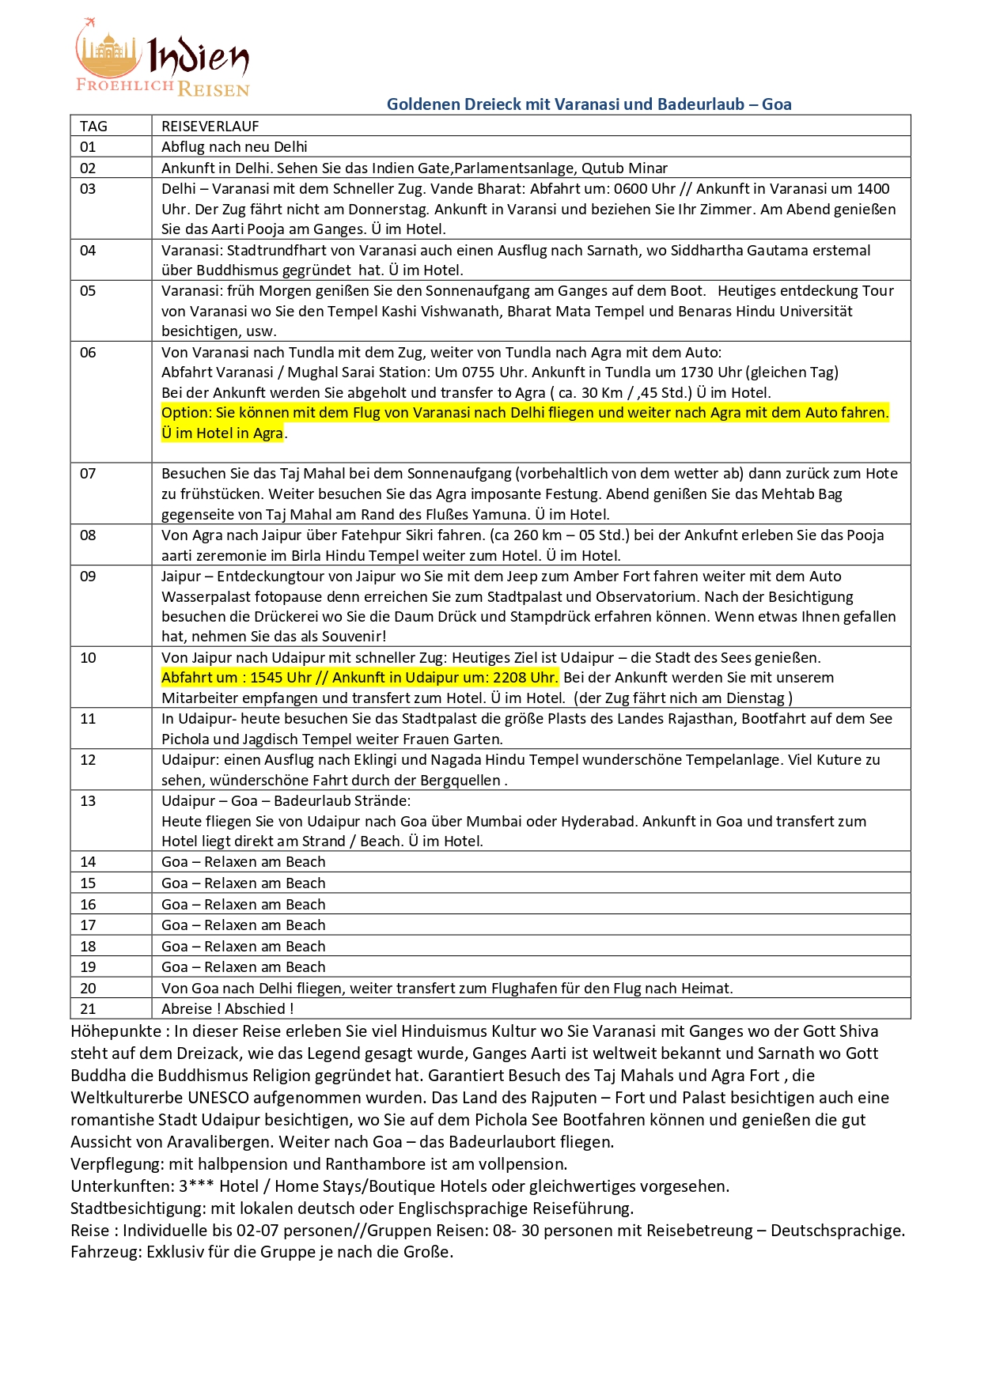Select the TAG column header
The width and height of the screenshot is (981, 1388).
93,126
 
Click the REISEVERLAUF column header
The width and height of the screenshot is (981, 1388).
210,126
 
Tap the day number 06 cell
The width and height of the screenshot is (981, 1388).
88,353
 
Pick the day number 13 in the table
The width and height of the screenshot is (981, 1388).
88,801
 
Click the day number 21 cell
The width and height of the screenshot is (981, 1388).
88,1009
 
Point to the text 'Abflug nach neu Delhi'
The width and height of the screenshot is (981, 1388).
234,147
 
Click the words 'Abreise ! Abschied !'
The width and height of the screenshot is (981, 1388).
227,1009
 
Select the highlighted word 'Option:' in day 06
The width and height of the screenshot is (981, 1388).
187,413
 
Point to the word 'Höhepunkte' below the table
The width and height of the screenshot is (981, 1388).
116,1031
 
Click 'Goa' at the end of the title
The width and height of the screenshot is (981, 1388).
776,104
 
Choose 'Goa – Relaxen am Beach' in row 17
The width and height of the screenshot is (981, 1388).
243,925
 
